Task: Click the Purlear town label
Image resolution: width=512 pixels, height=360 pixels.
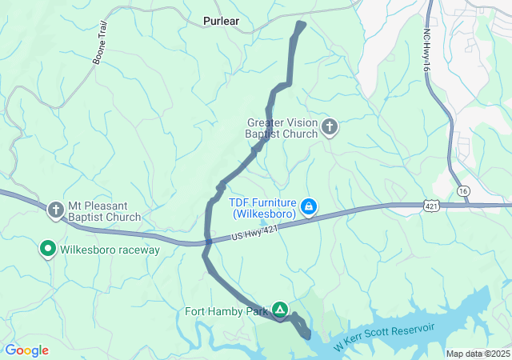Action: tap(221, 22)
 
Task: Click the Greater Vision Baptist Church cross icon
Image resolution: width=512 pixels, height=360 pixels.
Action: tap(329, 126)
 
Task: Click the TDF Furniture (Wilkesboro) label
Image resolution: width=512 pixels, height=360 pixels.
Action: tap(263, 209)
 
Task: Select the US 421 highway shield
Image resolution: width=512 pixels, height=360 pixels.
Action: tap(430, 206)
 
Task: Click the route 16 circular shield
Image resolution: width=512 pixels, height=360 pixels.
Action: tap(463, 191)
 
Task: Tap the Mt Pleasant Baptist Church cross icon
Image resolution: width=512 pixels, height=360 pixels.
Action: tap(56, 210)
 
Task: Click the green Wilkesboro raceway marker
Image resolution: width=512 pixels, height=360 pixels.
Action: tap(47, 250)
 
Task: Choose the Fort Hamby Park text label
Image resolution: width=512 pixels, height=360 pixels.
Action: tap(227, 311)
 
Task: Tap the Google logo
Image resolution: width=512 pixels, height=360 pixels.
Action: tap(26, 350)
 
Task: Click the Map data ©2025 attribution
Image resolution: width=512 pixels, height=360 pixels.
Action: tap(478, 354)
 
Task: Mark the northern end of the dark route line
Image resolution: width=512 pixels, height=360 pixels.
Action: tap(302, 24)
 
